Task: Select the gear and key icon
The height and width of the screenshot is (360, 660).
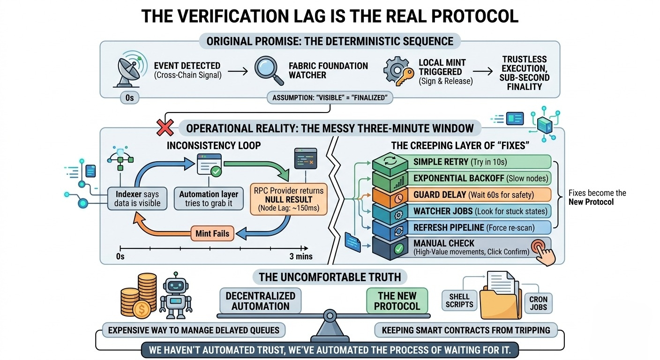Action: tap(398, 71)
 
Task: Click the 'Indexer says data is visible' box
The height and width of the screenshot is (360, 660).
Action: tap(137, 198)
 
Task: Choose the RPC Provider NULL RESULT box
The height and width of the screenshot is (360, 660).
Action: tap(288, 199)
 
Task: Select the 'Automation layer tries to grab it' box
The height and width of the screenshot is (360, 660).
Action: tap(209, 198)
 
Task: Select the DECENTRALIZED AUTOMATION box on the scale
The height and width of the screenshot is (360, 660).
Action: tap(260, 301)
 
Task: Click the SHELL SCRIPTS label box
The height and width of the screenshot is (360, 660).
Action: tap(459, 300)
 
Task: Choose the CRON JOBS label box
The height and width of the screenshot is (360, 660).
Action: tap(538, 303)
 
